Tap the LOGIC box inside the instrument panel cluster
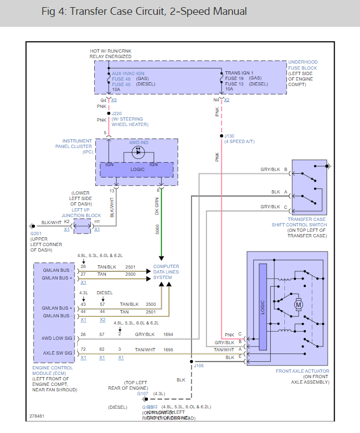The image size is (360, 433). tap(137, 170)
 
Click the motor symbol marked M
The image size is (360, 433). tap(299, 304)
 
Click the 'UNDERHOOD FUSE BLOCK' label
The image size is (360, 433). tap(304, 65)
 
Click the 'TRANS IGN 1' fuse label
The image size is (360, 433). tap(240, 73)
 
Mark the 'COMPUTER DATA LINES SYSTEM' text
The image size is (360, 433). tap(166, 272)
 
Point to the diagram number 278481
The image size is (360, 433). tap(38, 416)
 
